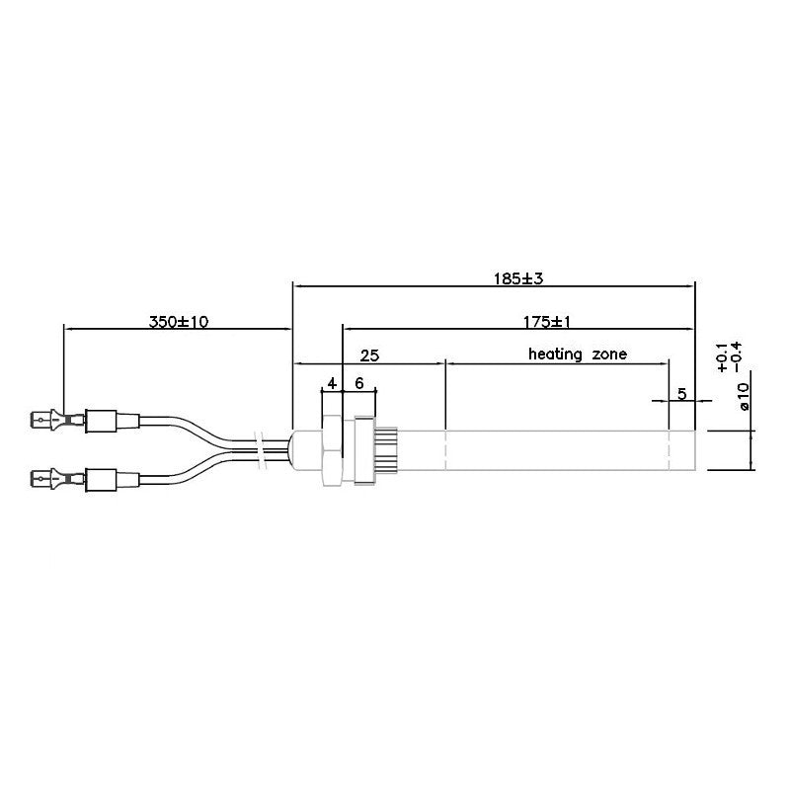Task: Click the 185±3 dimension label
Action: click(519, 278)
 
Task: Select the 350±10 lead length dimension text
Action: click(179, 322)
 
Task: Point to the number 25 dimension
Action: click(369, 354)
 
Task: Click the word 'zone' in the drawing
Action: click(610, 354)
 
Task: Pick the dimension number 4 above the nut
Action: click(333, 382)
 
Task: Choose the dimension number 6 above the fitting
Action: click(359, 382)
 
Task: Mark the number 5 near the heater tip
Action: click(681, 393)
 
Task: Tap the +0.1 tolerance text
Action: click(723, 357)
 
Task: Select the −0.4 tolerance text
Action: click(737, 357)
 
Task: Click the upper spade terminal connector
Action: click(49, 422)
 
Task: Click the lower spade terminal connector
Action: click(49, 480)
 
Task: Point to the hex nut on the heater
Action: click(332, 450)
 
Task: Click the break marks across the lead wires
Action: click(260, 448)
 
